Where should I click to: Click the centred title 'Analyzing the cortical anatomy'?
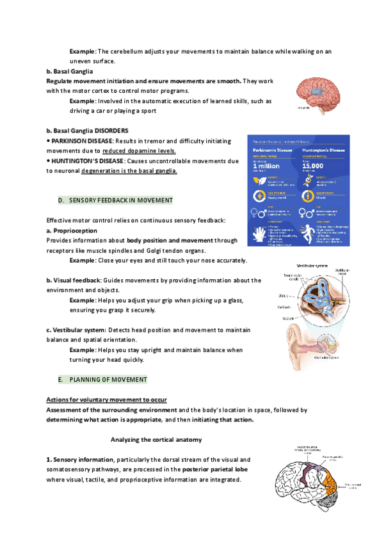click(x=156, y=439)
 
